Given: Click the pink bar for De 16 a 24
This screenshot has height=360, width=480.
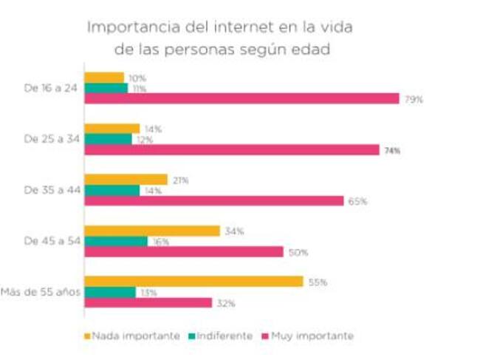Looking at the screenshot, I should click(x=241, y=99).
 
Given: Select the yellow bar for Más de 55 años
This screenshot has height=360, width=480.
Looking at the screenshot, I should click(x=193, y=282).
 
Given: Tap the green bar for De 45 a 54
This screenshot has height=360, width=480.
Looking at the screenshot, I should click(x=116, y=241).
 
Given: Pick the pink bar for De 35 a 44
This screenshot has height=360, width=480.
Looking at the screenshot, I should click(x=214, y=201).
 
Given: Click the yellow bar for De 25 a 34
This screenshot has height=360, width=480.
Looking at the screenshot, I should click(x=112, y=129).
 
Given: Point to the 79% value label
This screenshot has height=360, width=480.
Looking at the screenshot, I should click(x=414, y=99).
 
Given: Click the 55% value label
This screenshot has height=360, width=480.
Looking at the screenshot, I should click(x=318, y=282).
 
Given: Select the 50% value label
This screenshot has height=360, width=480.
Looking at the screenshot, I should click(x=298, y=252).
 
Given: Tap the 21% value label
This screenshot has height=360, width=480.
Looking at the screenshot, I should click(x=180, y=180).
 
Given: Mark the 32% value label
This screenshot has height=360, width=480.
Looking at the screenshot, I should click(x=226, y=303).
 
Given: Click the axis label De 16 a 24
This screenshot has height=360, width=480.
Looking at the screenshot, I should click(x=49, y=88).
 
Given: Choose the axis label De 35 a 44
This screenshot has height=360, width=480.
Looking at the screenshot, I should click(x=49, y=190).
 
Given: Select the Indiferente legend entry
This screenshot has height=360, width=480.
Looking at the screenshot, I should click(x=223, y=336).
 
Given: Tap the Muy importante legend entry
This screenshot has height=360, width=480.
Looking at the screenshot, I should click(x=312, y=336).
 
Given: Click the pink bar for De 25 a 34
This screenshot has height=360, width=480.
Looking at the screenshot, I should click(x=232, y=150).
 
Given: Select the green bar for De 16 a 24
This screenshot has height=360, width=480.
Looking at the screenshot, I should click(x=106, y=89).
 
